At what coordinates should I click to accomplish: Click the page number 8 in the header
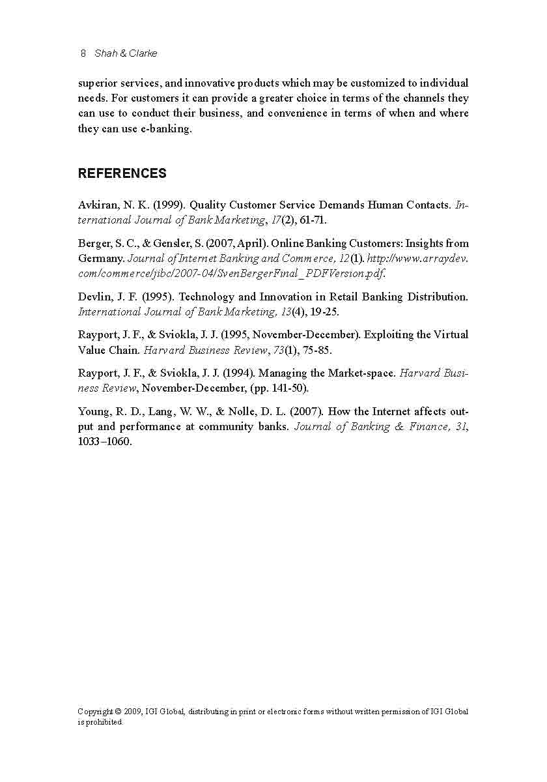point(83,53)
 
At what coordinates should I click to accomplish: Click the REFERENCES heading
point(122,173)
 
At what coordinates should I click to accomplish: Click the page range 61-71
point(313,220)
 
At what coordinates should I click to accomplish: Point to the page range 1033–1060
point(104,442)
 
